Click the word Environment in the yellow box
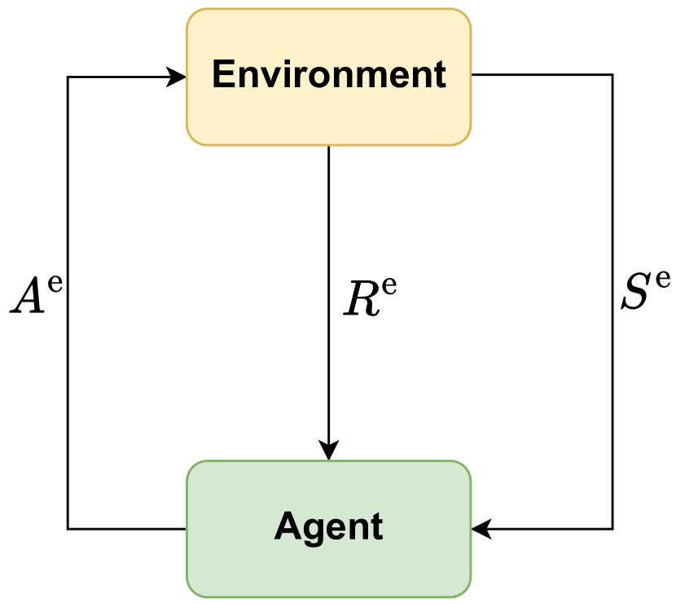point(329,75)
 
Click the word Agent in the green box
point(329,527)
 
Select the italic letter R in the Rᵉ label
point(358,300)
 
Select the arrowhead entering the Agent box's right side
point(481,529)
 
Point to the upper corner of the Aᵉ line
point(68,77)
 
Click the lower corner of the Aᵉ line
point(68,529)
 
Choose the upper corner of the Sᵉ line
point(612,75)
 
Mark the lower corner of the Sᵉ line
point(612,529)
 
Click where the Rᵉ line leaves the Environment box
point(329,147)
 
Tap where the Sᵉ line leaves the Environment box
point(472,75)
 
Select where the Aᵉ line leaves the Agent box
point(187,529)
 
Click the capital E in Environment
point(222,75)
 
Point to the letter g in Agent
point(310,531)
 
